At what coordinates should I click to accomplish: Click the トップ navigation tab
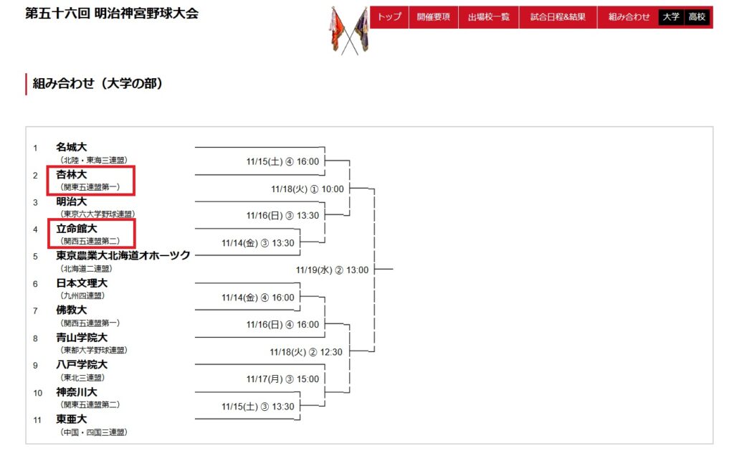click(389, 16)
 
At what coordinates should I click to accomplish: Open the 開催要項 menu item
click(434, 16)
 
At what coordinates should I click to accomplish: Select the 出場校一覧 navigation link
click(488, 16)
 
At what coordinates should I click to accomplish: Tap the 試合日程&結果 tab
click(558, 16)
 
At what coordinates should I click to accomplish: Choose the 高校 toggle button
click(696, 16)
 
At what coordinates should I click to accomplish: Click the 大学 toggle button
click(671, 16)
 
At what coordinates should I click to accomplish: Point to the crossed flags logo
click(348, 30)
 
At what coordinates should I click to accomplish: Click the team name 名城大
click(72, 147)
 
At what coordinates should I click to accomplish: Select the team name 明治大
click(72, 201)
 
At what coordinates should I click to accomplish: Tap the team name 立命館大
click(77, 229)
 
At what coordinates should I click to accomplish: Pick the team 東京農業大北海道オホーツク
click(123, 255)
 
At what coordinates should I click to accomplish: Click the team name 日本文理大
click(82, 283)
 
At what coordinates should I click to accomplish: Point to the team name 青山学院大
click(82, 338)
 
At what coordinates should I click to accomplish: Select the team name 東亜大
click(72, 419)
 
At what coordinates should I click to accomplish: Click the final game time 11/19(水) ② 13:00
click(332, 270)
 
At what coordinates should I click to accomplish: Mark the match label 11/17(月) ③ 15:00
click(282, 379)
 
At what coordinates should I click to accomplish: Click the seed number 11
click(37, 419)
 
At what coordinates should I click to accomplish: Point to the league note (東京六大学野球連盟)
click(97, 214)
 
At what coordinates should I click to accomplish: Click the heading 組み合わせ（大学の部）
click(98, 84)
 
